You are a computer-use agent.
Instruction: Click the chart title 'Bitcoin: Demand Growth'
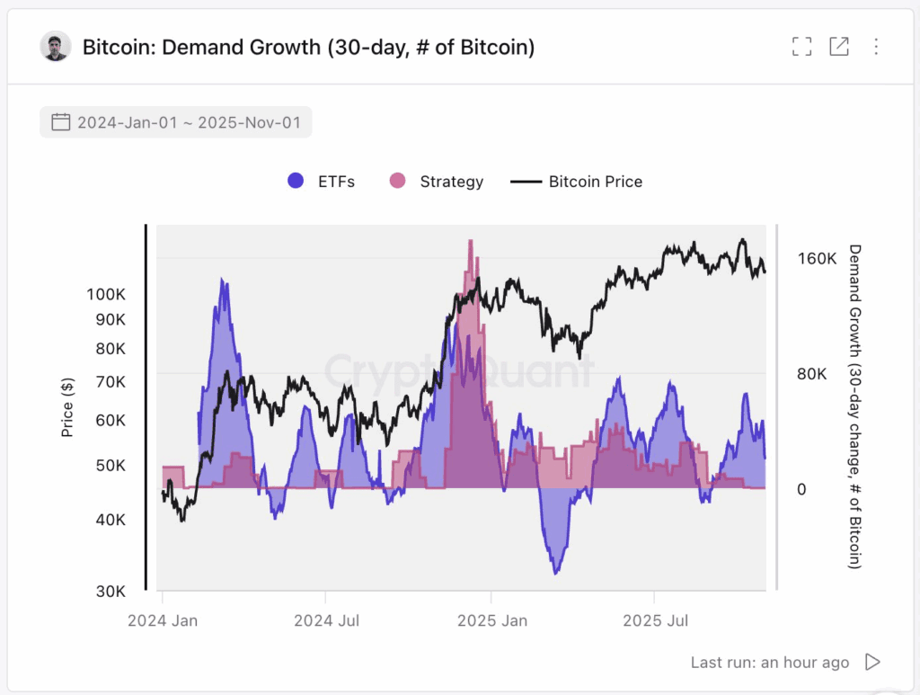coord(308,47)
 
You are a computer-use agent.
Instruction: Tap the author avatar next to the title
coord(56,47)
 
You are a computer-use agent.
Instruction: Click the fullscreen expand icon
coord(801,47)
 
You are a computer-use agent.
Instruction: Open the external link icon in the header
coord(839,47)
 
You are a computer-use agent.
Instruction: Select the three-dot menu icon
coord(876,47)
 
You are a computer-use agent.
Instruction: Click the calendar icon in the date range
coord(60,122)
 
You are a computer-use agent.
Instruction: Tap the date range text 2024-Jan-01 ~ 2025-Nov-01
coord(189,122)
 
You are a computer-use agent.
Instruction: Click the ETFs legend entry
coord(321,181)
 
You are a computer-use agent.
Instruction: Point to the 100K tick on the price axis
coord(106,294)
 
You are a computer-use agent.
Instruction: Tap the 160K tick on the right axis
coord(817,259)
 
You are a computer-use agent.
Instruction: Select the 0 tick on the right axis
coord(802,489)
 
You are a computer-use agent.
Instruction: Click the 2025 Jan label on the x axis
coord(491,620)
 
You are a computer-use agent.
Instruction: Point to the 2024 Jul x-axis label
coord(325,620)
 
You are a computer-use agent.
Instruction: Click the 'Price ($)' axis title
coord(67,408)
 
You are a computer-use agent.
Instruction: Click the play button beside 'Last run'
coord(871,662)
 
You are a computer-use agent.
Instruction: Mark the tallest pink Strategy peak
coord(470,243)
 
